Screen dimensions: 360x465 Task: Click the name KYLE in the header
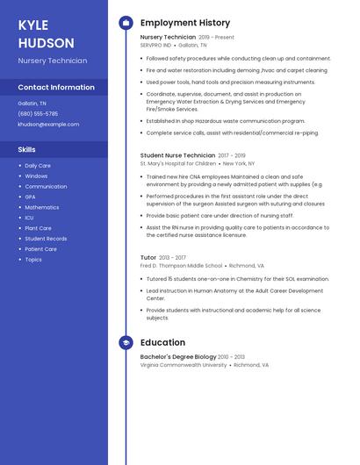(x=33, y=25)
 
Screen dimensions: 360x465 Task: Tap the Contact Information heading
(x=56, y=88)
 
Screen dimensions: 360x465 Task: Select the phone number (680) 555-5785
(x=38, y=114)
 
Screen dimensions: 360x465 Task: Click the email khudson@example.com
(x=48, y=125)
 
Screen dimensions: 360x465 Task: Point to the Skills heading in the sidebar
(x=26, y=150)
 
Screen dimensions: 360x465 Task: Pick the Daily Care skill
(x=38, y=166)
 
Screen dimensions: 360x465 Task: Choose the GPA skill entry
(x=31, y=197)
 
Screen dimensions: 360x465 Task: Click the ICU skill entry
(x=30, y=218)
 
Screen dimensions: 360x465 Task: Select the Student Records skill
(x=46, y=239)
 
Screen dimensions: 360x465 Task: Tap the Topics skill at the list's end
(x=33, y=260)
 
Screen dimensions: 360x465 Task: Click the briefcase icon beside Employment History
(x=126, y=23)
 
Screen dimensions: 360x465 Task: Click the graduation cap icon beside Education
(x=126, y=342)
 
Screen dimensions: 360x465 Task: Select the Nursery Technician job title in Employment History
(x=168, y=38)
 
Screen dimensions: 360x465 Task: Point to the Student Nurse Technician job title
(x=177, y=155)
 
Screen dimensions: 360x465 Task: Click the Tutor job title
(x=148, y=258)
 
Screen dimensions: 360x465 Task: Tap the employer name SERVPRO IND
(x=155, y=46)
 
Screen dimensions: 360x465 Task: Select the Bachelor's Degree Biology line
(x=177, y=357)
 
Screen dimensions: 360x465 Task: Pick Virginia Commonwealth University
(x=183, y=365)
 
